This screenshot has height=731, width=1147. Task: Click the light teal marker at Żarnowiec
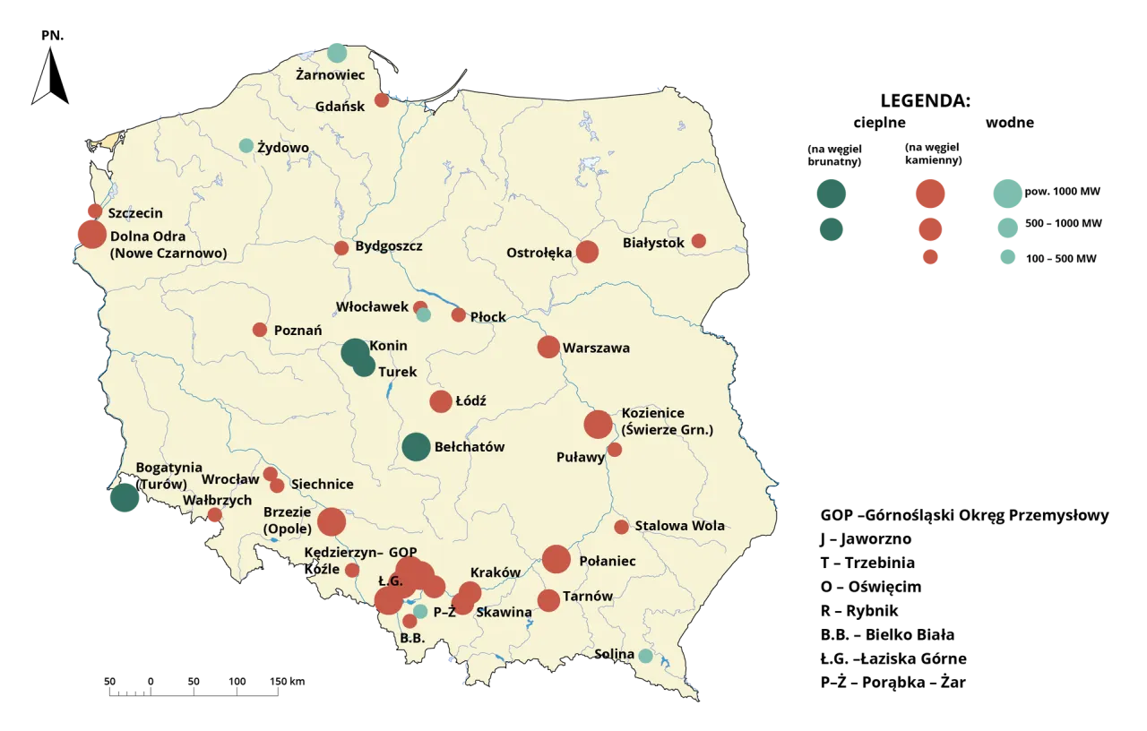coord(336,52)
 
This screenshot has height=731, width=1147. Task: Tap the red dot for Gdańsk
coord(382,99)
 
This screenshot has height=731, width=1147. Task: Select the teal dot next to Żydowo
coord(246,145)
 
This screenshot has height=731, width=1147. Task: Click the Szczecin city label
coord(135,213)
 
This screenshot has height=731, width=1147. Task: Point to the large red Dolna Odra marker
coord(91,234)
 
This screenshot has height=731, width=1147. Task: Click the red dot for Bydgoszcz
coord(341,248)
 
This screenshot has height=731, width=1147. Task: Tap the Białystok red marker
coord(699,241)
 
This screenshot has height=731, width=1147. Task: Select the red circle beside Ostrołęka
coord(587,252)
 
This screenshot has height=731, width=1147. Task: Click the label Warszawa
coord(596,348)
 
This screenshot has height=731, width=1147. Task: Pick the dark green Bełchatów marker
coord(416,446)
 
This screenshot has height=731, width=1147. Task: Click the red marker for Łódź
coord(441,401)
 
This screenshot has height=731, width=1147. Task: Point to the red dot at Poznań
coord(260,330)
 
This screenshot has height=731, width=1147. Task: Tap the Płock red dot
coord(459,314)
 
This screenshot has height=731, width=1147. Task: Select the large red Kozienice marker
coord(598,425)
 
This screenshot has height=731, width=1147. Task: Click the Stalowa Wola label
coord(679,526)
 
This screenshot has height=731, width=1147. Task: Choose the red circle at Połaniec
coord(556,559)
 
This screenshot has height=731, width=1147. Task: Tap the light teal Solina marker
coord(645,656)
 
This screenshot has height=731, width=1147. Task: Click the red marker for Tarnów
coord(548,600)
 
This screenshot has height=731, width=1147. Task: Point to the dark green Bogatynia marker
coord(125,498)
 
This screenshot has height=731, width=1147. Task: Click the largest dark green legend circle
coord(831,193)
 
